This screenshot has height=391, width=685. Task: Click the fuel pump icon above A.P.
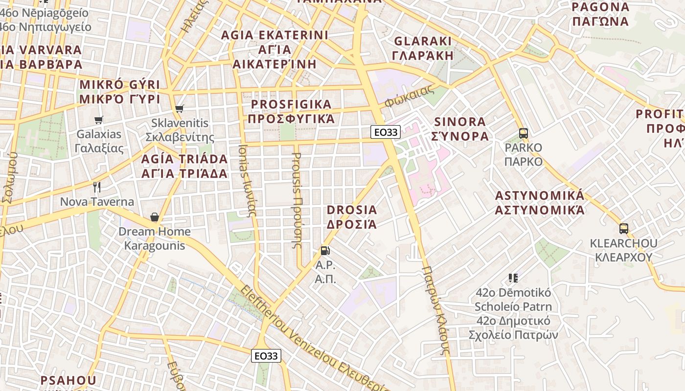point(324,251)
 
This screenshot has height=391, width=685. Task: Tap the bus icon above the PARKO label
point(524,133)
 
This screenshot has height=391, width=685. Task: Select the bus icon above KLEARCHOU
point(623,228)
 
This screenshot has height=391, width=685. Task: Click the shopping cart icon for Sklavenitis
point(180,109)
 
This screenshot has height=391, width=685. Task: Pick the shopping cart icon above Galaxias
point(99,119)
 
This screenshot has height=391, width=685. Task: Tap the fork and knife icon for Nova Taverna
point(97,187)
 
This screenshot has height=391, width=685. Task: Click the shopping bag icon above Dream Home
point(155,217)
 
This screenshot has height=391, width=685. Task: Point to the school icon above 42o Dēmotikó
point(513,278)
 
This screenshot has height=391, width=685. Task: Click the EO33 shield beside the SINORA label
point(386,131)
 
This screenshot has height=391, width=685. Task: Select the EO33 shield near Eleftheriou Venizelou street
point(266,356)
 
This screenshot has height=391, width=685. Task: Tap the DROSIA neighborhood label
point(352,217)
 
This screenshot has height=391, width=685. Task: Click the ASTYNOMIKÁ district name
point(540,203)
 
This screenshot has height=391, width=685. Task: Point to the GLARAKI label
point(423,48)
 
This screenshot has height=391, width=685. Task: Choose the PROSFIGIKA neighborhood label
point(291,111)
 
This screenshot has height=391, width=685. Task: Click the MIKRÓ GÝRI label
point(120,91)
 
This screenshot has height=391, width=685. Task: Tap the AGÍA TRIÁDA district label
point(184,166)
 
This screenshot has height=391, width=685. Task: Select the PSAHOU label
point(68,380)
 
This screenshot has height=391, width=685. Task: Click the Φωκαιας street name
point(410,96)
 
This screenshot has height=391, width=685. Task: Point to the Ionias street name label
point(247,180)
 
